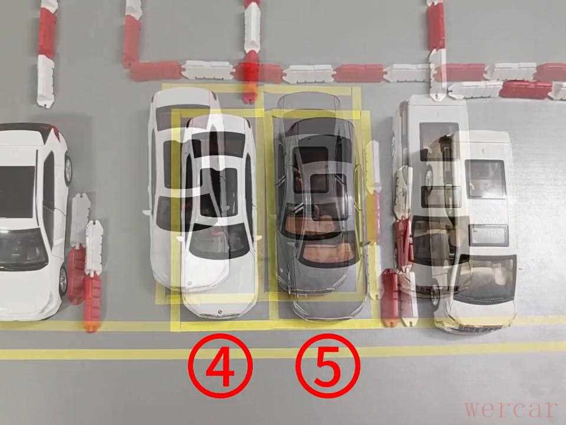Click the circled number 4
pyautogui.click(x=220, y=365)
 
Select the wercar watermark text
pyautogui.click(x=511, y=409)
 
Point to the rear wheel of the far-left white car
pyautogui.click(x=68, y=169)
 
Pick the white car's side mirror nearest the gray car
pyautogui.click(x=258, y=238)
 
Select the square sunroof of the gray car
pyautogui.click(x=319, y=183)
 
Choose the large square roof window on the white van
pyautogui.click(x=485, y=179)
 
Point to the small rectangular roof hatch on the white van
pyautogui.click(x=489, y=234)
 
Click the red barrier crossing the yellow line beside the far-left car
pyautogui.click(x=93, y=303)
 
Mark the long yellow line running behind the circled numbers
pyautogui.click(x=283, y=352)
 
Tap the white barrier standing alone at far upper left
pyautogui.click(x=46, y=81)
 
